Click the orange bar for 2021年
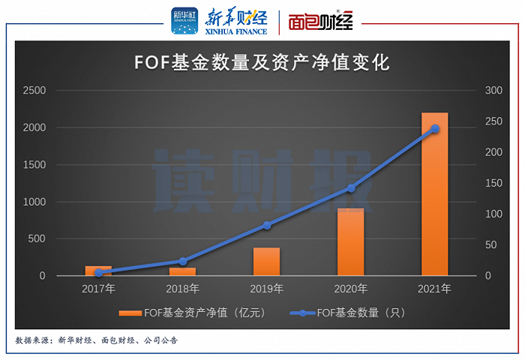(x=434, y=195)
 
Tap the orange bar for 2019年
(x=266, y=262)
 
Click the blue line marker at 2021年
(x=434, y=129)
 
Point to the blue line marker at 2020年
(x=350, y=188)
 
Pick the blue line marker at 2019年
(x=266, y=225)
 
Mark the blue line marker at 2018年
(x=182, y=261)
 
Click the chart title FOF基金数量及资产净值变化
(x=262, y=62)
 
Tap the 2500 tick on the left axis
(x=34, y=91)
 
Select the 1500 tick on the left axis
(x=34, y=165)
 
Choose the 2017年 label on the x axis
(x=98, y=289)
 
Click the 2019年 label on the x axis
(x=266, y=289)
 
